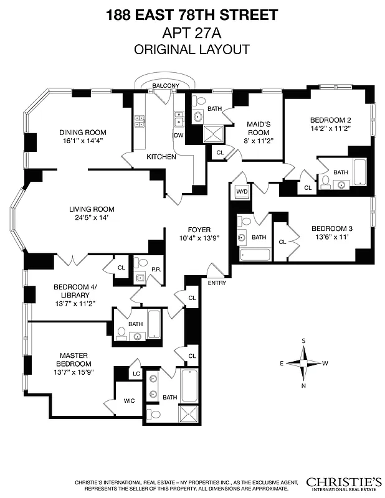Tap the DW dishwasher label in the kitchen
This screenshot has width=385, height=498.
tap(178, 134)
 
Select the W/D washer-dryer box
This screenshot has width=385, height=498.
tap(241, 192)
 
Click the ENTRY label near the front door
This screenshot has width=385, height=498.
tap(216, 284)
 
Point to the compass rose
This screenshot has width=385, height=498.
tap(303, 363)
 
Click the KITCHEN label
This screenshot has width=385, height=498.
tap(161, 157)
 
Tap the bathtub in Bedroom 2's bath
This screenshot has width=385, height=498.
tap(360, 169)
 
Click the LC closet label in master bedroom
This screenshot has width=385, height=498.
tap(136, 374)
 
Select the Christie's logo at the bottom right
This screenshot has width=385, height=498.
tap(344, 484)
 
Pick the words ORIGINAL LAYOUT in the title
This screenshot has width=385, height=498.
tap(192, 49)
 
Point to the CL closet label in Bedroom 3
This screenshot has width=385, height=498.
tap(282, 242)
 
